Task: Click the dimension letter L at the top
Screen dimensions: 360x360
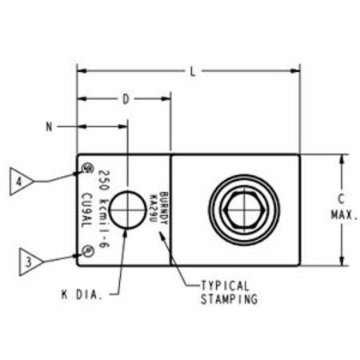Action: [x=193, y=70]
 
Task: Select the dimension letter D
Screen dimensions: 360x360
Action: [x=126, y=99]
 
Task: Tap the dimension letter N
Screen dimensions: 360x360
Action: [x=50, y=126]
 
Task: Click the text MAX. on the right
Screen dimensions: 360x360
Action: [x=343, y=215]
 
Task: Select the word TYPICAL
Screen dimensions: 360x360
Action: [x=225, y=285]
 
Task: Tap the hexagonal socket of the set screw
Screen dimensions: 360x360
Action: [x=244, y=211]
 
